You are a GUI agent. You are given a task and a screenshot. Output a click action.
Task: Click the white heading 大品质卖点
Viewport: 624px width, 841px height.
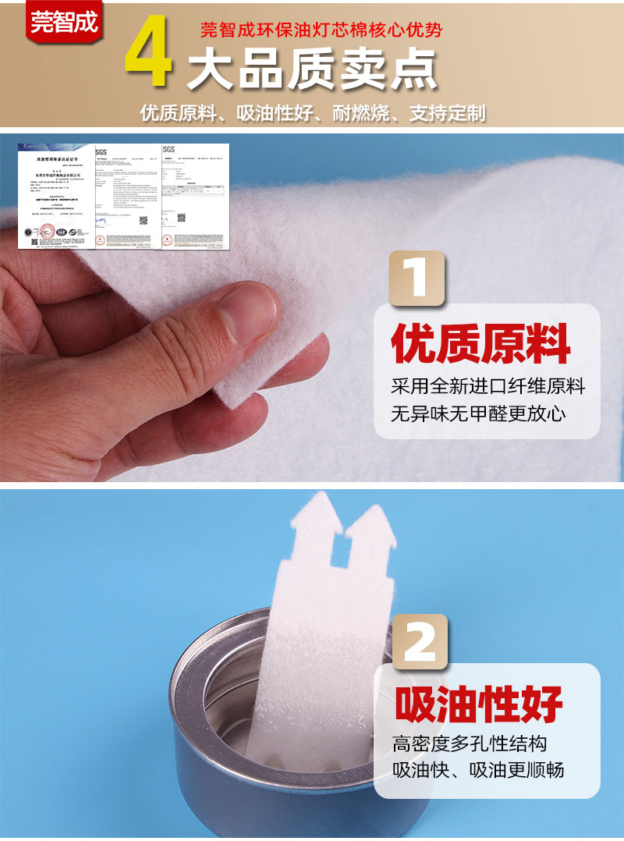tap(311, 72)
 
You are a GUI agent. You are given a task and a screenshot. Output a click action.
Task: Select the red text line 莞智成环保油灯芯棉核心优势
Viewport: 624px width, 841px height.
tap(321, 30)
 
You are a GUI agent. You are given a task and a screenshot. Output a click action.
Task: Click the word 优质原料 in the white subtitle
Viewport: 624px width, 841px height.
tap(177, 114)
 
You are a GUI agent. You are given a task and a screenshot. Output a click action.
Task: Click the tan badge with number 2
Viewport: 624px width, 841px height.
tap(420, 641)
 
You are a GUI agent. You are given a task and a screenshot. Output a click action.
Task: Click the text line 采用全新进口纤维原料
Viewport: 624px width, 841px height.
tap(487, 386)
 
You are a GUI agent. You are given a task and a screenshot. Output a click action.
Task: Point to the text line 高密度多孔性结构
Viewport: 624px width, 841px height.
tap(469, 743)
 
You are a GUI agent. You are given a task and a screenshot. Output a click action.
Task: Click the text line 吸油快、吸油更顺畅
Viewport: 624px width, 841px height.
tap(478, 771)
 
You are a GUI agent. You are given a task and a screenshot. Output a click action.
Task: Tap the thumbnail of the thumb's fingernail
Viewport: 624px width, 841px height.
tap(248, 311)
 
